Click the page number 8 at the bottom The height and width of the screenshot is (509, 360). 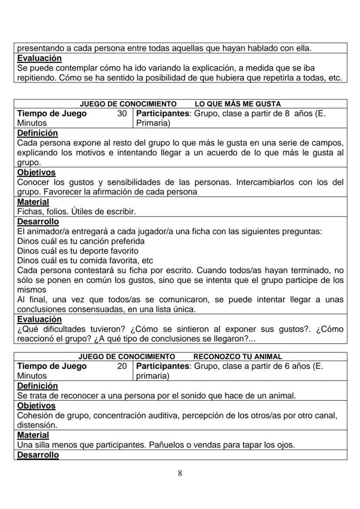pyautogui.click(x=180, y=473)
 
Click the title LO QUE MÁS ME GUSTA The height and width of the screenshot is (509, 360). pyautogui.click(x=237, y=104)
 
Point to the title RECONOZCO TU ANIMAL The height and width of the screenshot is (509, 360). pyautogui.click(x=237, y=356)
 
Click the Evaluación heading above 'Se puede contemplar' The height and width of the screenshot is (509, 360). pyautogui.click(x=39, y=58)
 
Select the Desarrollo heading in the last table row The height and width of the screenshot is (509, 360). pyautogui.click(x=38, y=455)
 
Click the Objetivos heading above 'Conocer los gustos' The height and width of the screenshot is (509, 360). pyautogui.click(x=36, y=173)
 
